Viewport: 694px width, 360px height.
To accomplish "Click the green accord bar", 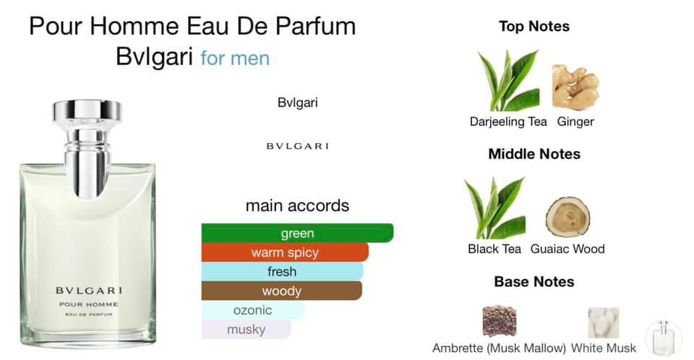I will click(x=297, y=233).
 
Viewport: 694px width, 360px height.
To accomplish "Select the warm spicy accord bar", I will click(x=285, y=252).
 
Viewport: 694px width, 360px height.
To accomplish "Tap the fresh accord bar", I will click(x=282, y=272).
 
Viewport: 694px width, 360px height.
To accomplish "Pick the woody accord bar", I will click(x=281, y=291).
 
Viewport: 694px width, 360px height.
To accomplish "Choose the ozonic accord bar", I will click(x=252, y=310).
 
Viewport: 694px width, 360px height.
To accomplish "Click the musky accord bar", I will click(x=246, y=330).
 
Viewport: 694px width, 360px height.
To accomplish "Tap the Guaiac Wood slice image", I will click(x=567, y=216).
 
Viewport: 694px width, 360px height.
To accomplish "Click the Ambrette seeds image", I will click(x=499, y=322).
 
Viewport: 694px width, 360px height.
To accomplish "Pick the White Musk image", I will click(x=603, y=322).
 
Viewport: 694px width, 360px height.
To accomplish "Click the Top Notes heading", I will click(x=534, y=27).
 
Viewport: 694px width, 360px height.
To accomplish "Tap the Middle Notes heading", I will click(x=534, y=154).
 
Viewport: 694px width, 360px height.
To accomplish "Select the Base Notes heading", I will click(x=534, y=281).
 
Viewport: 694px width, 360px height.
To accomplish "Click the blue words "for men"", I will click(x=235, y=58).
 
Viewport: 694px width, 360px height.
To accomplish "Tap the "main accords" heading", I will click(x=297, y=205).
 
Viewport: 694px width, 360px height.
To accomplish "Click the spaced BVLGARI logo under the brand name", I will click(x=297, y=146).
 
